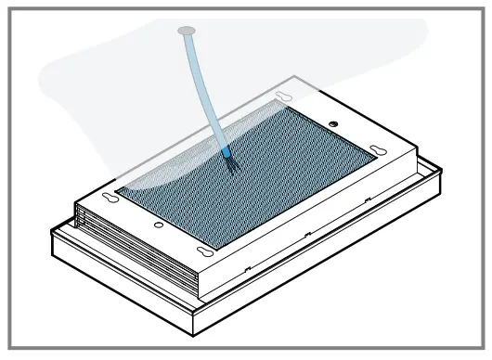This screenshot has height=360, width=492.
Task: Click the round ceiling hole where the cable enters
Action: point(185,32)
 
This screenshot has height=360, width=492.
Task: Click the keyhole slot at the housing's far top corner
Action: point(283,97)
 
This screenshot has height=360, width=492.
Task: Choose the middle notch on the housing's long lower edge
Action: point(306,236)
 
